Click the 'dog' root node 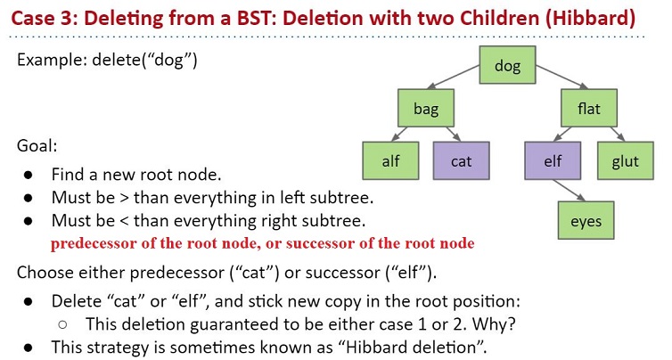[x=507, y=65]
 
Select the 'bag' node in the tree [x=426, y=108]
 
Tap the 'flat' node [x=589, y=108]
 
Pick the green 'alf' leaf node [x=390, y=160]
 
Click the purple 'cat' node [x=461, y=160]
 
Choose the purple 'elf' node [x=553, y=160]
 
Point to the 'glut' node [x=626, y=160]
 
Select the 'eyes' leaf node [x=586, y=220]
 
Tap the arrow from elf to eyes [x=570, y=190]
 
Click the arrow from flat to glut [x=618, y=134]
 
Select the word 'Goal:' [x=37, y=146]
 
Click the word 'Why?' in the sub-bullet [x=493, y=324]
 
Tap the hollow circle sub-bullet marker [x=62, y=325]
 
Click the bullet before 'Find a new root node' [x=29, y=175]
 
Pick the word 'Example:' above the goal [x=53, y=60]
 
